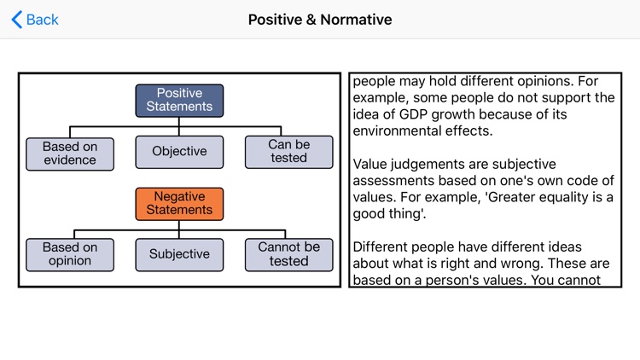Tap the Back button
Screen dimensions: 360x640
(35, 20)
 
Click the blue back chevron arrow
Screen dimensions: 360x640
(16, 20)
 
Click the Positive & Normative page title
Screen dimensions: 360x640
(320, 20)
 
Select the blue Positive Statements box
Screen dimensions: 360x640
(179, 101)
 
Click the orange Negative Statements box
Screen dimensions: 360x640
(179, 204)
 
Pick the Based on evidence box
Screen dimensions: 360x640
(70, 154)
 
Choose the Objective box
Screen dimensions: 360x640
(179, 152)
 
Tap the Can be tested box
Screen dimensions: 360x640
(288, 152)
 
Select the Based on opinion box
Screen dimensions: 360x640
(70, 254)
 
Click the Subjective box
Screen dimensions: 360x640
(179, 254)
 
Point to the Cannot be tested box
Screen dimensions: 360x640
(288, 254)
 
